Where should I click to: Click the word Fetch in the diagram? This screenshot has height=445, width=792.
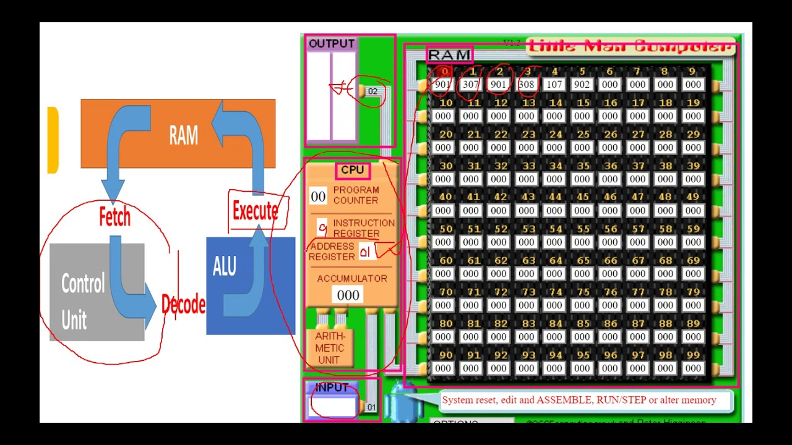tap(114, 217)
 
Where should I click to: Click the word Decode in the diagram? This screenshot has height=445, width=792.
tap(183, 305)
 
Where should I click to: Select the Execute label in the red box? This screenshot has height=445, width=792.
tap(255, 211)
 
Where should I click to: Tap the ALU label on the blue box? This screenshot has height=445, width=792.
tap(224, 266)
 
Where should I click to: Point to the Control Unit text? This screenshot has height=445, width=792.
tap(82, 302)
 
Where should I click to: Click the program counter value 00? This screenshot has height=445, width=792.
tap(318, 197)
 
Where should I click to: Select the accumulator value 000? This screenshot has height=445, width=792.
tap(348, 295)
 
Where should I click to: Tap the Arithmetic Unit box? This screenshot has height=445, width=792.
tap(329, 348)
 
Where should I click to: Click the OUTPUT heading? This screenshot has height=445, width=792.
tap(331, 44)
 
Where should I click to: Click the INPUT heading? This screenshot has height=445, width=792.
tap(332, 388)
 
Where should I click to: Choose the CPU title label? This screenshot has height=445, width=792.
tap(353, 170)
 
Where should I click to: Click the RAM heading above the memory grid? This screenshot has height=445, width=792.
tap(449, 55)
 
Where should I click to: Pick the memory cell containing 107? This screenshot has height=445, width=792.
tap(554, 85)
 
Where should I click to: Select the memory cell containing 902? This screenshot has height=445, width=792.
tap(582, 85)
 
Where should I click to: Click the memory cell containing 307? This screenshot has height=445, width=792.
tap(470, 85)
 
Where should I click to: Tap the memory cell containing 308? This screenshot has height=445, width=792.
tap(526, 85)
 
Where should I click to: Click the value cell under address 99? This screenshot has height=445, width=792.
tap(693, 368)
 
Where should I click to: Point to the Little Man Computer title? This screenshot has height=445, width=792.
tap(631, 46)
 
